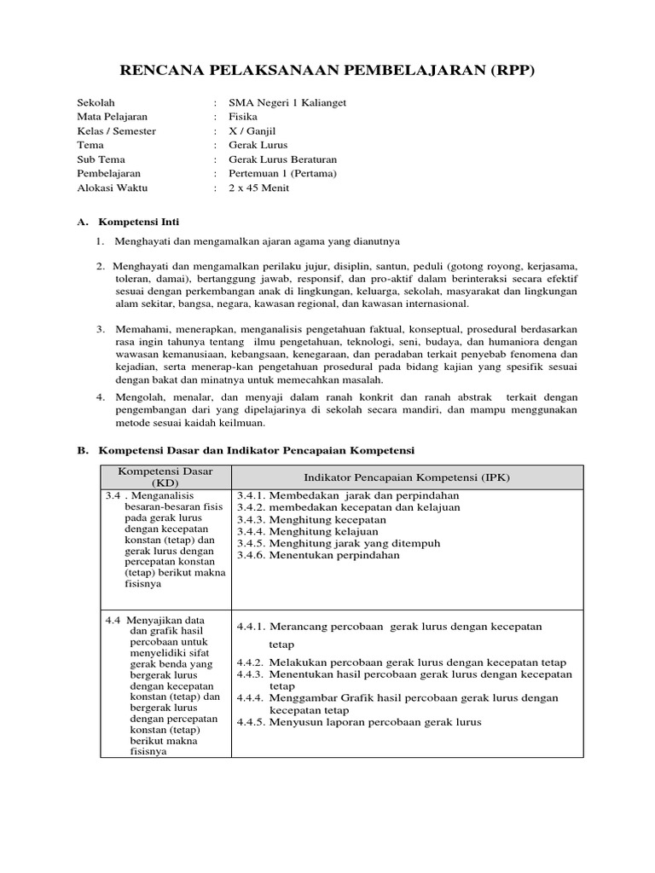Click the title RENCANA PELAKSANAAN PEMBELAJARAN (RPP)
point(327,71)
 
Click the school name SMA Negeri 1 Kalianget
point(287,102)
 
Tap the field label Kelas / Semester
point(116,131)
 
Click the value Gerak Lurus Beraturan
point(282,159)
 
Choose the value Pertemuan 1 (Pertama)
point(282,174)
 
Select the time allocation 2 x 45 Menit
point(258,188)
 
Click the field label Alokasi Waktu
point(112,188)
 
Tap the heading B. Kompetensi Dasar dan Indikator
point(256,449)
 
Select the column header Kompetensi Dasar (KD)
point(165,477)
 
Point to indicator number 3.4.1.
point(252,495)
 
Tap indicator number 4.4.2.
point(252,662)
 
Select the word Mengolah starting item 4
point(141,397)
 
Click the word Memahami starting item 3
point(142,328)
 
